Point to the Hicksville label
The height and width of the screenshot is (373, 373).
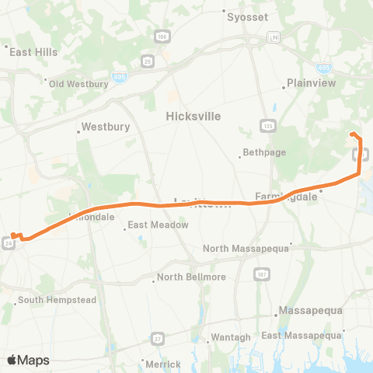coord(193,116)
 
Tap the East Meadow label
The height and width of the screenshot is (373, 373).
coord(158,225)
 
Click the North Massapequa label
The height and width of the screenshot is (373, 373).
coord(246,249)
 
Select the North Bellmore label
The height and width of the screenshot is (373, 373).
coord(191,277)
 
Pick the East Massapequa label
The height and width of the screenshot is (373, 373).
coord(302,335)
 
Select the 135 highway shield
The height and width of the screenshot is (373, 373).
coord(267,126)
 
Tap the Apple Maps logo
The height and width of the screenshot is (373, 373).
coord(28,360)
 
